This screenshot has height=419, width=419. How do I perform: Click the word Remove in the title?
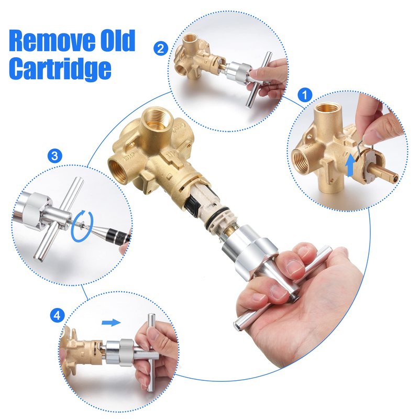pyautogui.click(x=52, y=41)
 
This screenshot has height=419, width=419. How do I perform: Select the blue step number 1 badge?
pyautogui.click(x=305, y=95)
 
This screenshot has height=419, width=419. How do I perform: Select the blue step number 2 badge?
pyautogui.click(x=161, y=49)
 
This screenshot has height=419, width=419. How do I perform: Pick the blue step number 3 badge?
pyautogui.click(x=55, y=156)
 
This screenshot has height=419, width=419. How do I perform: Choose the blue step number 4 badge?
pyautogui.click(x=57, y=316)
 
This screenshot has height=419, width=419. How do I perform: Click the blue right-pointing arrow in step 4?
pyautogui.click(x=112, y=323)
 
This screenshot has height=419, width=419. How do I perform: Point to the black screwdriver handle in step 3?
pyautogui.click(x=117, y=236)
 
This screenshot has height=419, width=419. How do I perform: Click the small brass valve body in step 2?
pyautogui.click(x=199, y=58)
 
